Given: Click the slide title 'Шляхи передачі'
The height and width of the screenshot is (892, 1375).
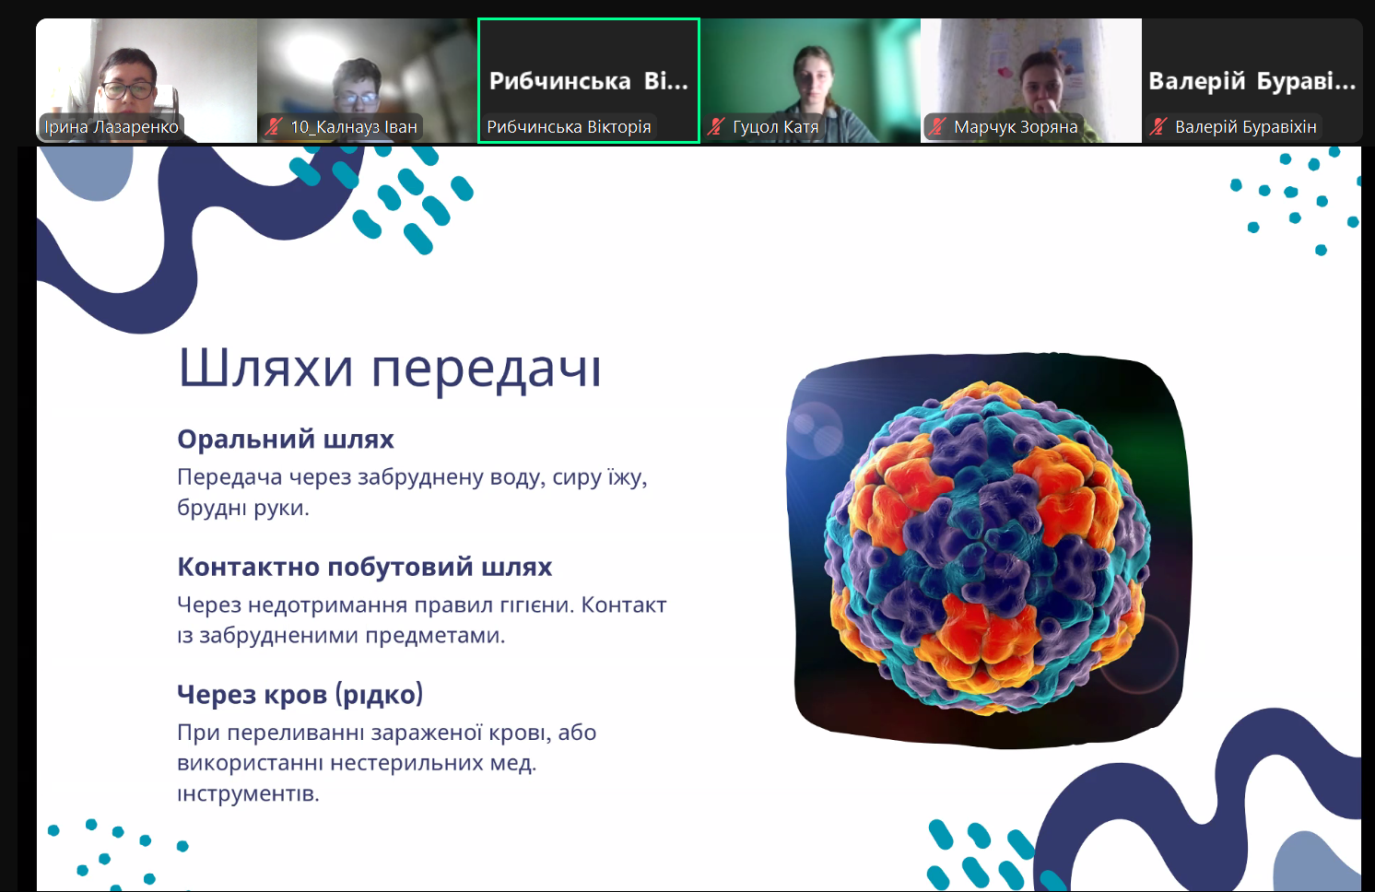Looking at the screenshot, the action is (390, 370).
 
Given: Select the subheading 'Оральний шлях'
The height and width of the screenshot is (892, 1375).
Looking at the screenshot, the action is (286, 440).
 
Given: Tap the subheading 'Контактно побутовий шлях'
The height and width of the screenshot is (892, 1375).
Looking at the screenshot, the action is (365, 567).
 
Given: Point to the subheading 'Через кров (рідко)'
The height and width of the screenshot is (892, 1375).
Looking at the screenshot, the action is (300, 695).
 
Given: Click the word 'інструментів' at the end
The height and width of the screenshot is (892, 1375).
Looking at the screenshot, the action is (248, 793).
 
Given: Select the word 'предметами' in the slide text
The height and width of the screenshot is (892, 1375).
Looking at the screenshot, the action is (435, 636).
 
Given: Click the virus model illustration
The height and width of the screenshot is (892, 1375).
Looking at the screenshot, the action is (989, 547).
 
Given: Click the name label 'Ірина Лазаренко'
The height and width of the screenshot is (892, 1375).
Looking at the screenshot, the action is (112, 127).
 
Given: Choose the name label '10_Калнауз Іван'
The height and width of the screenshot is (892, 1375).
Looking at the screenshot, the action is (354, 127).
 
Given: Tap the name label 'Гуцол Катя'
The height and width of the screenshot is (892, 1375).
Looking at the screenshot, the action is (776, 127).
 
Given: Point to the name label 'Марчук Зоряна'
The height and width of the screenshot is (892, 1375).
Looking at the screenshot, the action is (1016, 127).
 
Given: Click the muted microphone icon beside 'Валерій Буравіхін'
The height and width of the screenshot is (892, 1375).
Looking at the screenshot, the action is (1158, 126).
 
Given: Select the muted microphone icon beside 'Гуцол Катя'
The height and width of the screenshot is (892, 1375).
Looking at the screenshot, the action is (716, 126).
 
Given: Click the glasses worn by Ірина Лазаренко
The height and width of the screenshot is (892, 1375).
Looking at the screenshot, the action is (128, 90).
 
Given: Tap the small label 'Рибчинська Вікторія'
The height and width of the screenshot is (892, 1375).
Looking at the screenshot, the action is (569, 127).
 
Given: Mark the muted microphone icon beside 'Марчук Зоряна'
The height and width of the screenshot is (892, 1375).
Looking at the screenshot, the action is (937, 126).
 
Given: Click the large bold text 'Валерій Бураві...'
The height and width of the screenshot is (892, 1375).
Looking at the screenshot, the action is (1252, 81).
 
